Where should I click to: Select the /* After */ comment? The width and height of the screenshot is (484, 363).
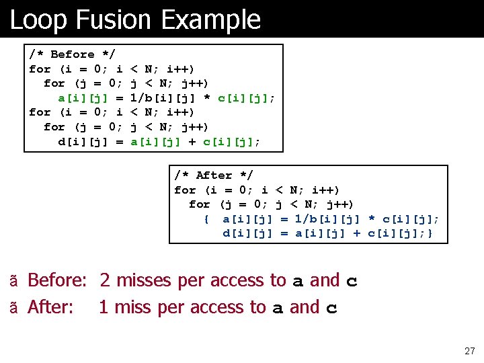214,175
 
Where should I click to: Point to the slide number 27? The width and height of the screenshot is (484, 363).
469,351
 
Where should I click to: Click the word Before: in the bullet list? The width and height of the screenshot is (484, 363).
57,280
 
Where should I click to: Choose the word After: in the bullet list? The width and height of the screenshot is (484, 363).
50,307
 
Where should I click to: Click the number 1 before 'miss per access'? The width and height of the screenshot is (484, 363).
104,307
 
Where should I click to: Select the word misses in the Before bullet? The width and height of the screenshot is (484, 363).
145,280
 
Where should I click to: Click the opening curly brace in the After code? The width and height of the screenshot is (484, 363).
206,219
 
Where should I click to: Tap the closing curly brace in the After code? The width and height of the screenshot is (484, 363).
430,233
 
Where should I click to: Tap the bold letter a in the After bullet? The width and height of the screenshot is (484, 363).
278,309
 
